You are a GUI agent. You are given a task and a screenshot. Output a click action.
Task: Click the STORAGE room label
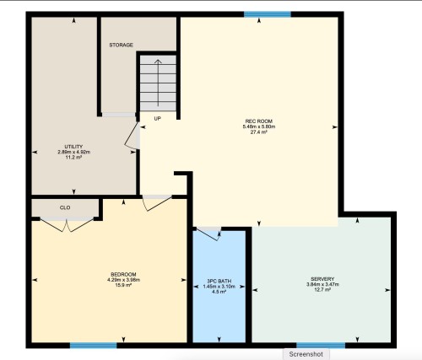click(121, 45)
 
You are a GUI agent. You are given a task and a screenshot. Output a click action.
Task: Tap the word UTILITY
click(73, 147)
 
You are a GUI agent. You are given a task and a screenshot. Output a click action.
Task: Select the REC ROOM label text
click(259, 121)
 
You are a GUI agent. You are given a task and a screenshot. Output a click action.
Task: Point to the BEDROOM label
click(123, 274)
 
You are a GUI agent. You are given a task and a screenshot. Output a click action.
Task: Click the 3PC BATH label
click(219, 281)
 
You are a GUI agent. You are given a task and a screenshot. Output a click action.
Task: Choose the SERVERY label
click(322, 279)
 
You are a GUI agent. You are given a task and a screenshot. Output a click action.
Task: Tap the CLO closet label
click(65, 207)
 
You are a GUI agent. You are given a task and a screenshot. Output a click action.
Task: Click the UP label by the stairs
click(158, 119)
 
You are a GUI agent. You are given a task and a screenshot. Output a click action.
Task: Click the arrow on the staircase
click(158, 83)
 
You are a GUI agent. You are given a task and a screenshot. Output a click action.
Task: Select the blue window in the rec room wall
click(268, 14)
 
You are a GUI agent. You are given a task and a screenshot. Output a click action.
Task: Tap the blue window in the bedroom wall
click(94, 346)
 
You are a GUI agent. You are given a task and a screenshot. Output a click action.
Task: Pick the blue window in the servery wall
click(321, 346)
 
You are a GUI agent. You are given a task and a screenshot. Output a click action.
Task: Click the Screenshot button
click(306, 354)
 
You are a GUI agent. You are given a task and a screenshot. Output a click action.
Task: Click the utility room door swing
click(132, 136)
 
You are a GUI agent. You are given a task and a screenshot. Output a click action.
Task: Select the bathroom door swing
click(208, 234)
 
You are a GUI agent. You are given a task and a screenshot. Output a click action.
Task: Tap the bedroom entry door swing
click(157, 203)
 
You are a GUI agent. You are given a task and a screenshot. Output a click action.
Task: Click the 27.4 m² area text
click(259, 132)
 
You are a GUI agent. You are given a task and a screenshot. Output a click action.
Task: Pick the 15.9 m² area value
click(123, 285)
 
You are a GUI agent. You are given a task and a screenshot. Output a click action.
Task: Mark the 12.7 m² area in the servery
click(322, 290)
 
